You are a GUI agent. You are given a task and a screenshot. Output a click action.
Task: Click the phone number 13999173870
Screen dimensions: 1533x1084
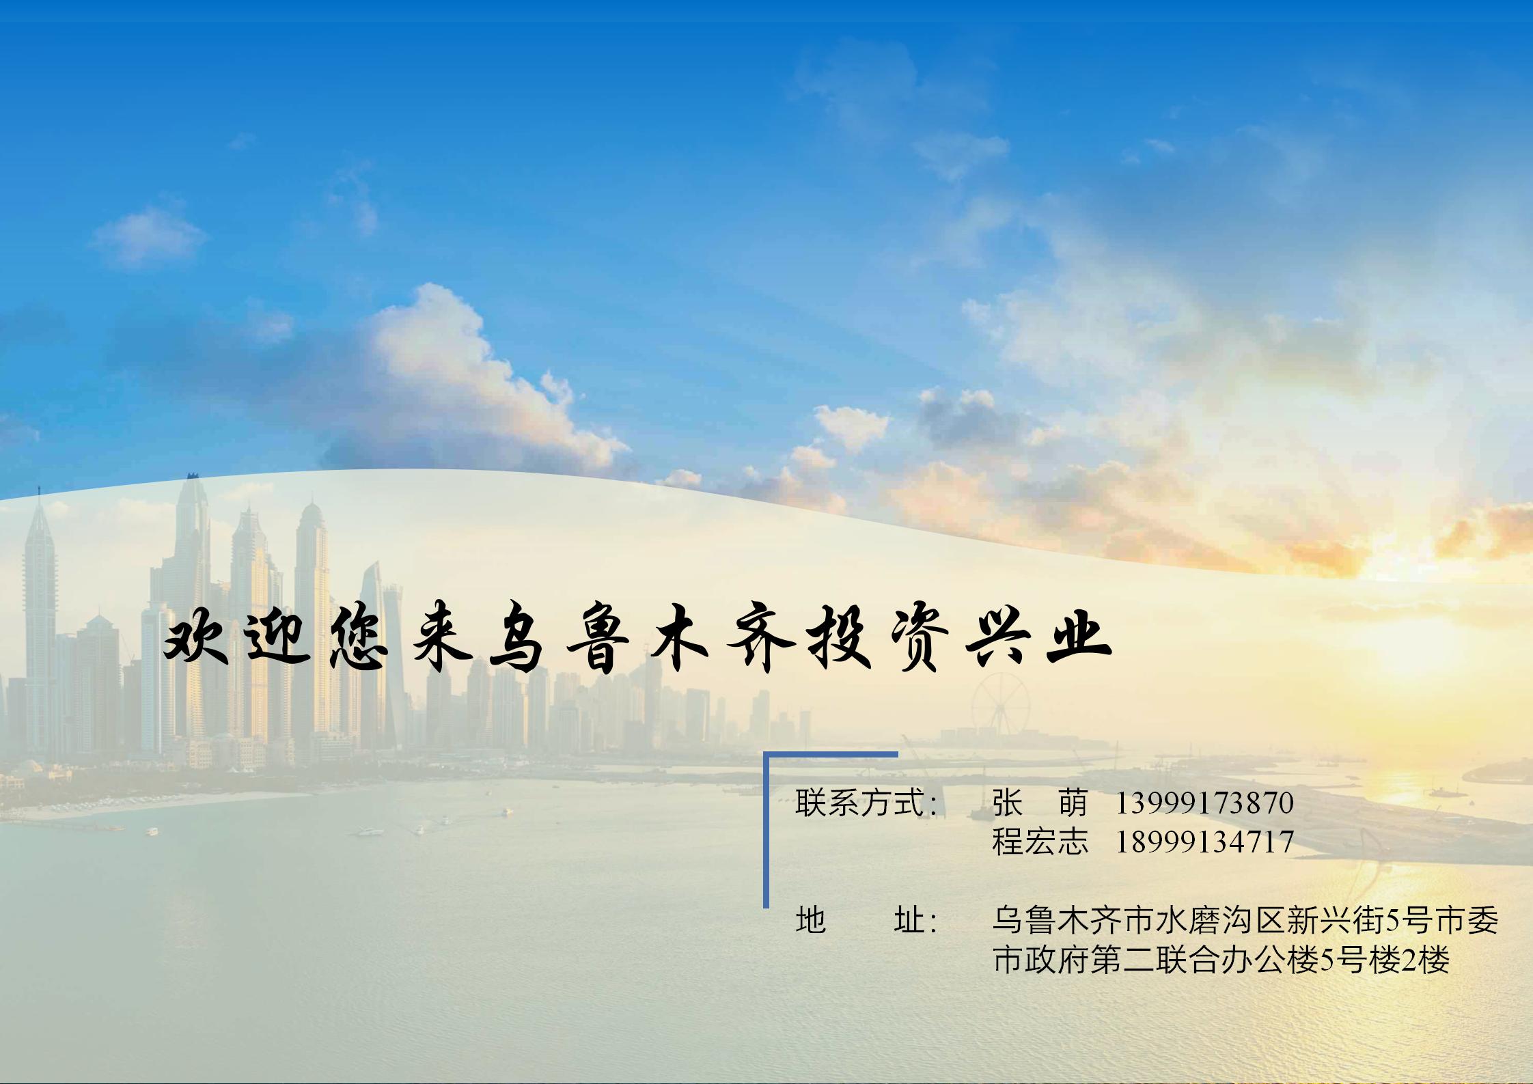[x=1204, y=803]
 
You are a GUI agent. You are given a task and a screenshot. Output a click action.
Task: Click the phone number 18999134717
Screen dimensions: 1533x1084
[x=1204, y=842]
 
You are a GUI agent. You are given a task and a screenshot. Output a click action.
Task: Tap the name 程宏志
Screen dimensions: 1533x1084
[x=1040, y=842]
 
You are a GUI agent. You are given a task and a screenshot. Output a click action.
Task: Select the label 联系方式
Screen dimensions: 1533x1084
[x=859, y=803]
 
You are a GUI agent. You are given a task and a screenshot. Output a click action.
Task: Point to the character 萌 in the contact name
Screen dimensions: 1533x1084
[x=1073, y=803]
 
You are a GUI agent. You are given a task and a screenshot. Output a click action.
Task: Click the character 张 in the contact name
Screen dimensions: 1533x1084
[x=1007, y=803]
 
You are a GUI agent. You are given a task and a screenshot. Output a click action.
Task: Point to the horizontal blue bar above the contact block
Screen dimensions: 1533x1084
[x=831, y=755]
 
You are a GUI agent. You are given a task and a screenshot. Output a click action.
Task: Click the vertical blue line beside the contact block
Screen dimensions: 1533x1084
[x=766, y=830]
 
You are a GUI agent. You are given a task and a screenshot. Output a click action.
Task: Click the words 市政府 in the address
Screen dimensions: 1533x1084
[x=1040, y=960]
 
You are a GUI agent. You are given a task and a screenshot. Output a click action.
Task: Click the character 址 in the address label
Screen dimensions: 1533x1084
[x=909, y=921]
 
